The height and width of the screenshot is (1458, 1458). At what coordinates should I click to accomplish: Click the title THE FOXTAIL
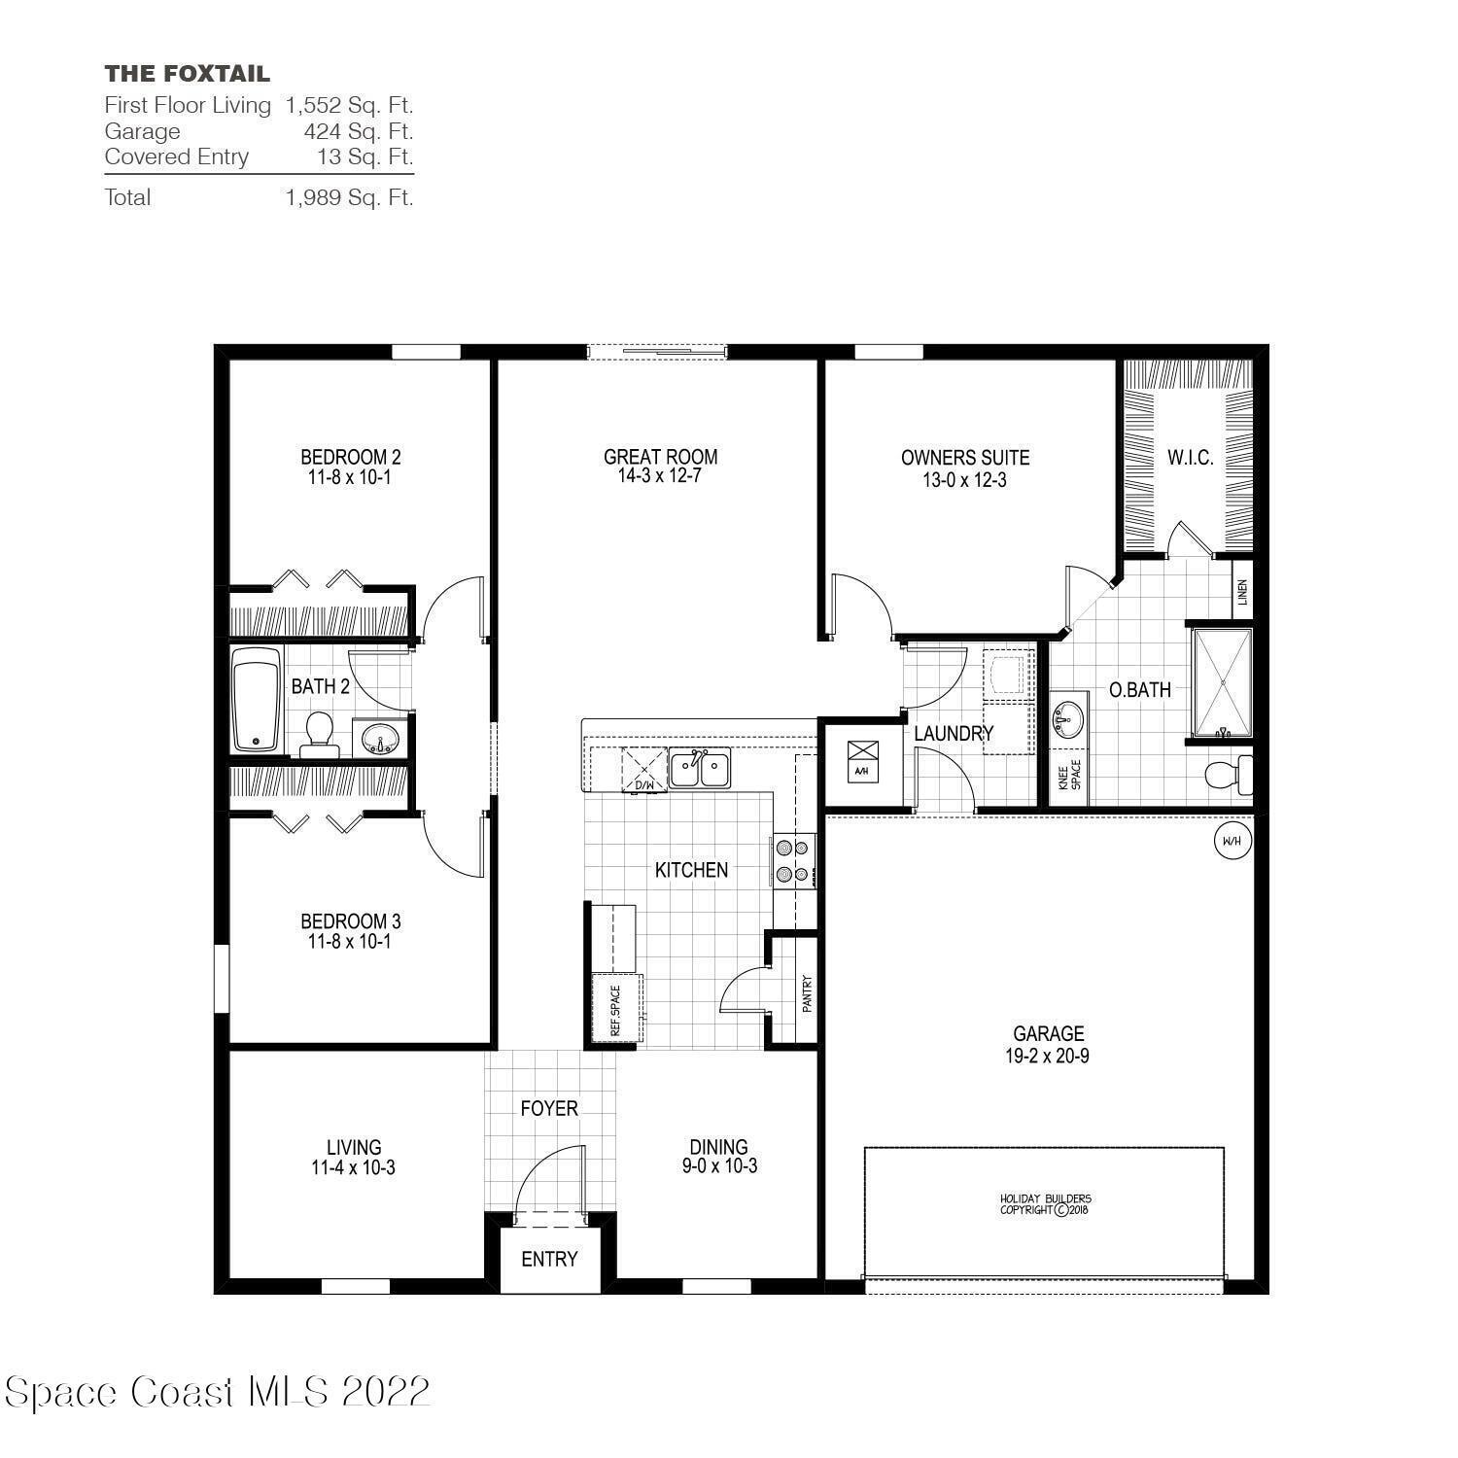(x=187, y=74)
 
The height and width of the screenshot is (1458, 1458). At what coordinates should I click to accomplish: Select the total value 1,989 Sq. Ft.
(x=349, y=197)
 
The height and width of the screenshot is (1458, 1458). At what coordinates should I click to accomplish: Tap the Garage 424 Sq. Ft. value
(x=358, y=131)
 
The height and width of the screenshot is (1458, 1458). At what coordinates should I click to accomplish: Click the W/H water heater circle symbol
(x=1231, y=841)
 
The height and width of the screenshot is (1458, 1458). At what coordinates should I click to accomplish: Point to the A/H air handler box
(x=861, y=758)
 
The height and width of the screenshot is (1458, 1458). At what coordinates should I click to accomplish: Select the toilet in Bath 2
(x=318, y=734)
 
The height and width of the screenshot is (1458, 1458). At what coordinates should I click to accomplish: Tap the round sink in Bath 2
(x=379, y=740)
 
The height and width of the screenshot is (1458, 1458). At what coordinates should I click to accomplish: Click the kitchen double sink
(x=699, y=769)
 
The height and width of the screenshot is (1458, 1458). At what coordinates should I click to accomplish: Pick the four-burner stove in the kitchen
(x=791, y=860)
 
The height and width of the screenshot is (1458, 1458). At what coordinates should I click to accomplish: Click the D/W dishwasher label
(x=643, y=783)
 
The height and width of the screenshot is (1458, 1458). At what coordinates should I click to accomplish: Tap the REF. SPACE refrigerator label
(x=615, y=1010)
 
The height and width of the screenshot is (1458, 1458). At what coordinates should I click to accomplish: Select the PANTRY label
(x=807, y=993)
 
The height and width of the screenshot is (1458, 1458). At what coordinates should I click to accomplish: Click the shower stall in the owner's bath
(x=1222, y=682)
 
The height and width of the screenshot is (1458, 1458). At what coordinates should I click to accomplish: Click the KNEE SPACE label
(x=1069, y=777)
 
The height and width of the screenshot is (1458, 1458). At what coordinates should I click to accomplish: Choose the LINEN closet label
(x=1242, y=592)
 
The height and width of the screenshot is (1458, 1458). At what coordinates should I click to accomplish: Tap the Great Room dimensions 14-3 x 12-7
(x=660, y=477)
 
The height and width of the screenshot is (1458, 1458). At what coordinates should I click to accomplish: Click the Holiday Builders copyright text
(x=1046, y=1204)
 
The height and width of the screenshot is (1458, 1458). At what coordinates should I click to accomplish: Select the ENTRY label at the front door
(x=549, y=1259)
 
